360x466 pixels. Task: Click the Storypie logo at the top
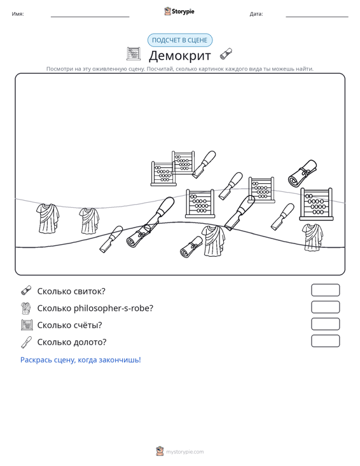pyautogui.click(x=179, y=11)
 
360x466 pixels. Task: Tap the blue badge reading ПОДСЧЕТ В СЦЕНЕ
pyautogui.click(x=180, y=40)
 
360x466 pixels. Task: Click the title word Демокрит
pyautogui.click(x=180, y=55)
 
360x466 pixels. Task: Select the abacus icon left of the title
pyautogui.click(x=134, y=54)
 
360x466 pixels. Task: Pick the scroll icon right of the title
pyautogui.click(x=226, y=54)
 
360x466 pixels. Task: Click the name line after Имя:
pyautogui.click(x=90, y=17)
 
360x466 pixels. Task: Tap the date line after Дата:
pyautogui.click(x=317, y=17)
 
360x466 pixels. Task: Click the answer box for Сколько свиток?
pyautogui.click(x=325, y=290)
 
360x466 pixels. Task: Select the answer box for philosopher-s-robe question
pyautogui.click(x=325, y=307)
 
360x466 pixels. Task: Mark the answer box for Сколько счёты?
pyautogui.click(x=325, y=324)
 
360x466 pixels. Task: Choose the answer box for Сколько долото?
pyautogui.click(x=325, y=341)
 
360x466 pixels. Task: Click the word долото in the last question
pyautogui.click(x=86, y=342)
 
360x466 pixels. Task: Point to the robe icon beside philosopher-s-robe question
pyautogui.click(x=26, y=308)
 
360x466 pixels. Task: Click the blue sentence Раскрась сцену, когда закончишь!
pyautogui.click(x=81, y=360)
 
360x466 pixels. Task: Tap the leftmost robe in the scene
pyautogui.click(x=48, y=218)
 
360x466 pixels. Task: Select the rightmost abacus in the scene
pyautogui.click(x=316, y=204)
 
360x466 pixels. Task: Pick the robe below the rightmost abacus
pyautogui.click(x=313, y=237)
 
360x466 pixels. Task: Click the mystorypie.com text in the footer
pyautogui.click(x=184, y=452)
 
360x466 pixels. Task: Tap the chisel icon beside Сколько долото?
pyautogui.click(x=26, y=342)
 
